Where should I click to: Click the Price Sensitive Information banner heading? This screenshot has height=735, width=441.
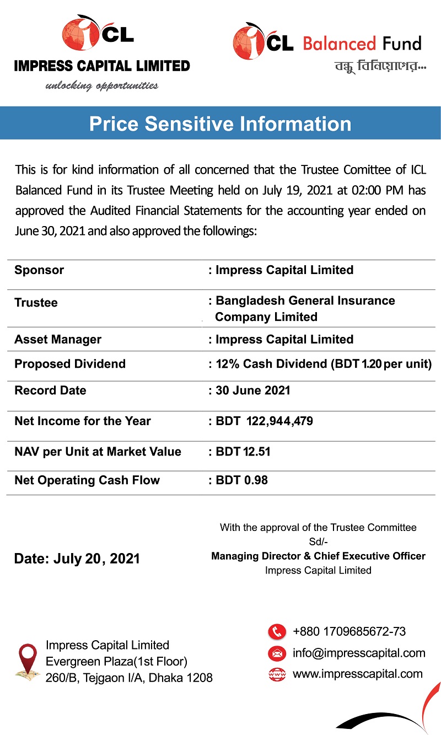(x=220, y=124)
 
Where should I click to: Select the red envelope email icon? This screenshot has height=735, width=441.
(x=277, y=653)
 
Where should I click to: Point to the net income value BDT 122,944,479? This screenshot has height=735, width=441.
(x=264, y=421)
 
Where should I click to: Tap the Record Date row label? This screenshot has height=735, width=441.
(x=50, y=390)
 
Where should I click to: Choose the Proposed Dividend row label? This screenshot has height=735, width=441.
(x=70, y=364)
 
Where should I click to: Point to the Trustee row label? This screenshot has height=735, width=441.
(x=36, y=303)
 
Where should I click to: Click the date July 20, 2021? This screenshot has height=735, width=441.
(x=77, y=559)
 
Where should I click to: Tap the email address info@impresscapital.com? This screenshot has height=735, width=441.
(x=359, y=653)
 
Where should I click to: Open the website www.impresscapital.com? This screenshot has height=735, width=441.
(x=358, y=674)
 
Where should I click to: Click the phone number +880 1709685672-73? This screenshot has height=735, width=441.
(x=349, y=632)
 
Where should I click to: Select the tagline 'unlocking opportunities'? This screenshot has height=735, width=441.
(x=102, y=85)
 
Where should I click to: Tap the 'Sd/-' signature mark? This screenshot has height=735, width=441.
(x=318, y=542)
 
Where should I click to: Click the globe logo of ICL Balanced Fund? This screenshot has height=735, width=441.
(x=248, y=41)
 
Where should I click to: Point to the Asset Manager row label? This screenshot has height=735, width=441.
(x=58, y=339)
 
